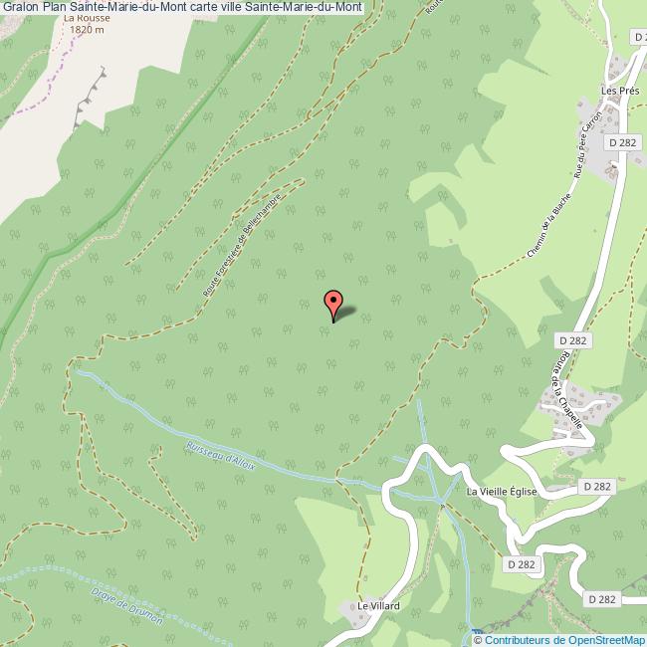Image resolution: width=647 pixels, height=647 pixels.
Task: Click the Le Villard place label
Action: pos(378,605)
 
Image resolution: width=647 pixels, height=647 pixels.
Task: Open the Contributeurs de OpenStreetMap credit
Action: pos(563,639)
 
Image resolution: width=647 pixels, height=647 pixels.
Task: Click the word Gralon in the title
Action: pos(20,7)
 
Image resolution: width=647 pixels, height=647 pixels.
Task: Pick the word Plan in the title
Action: pos(55,7)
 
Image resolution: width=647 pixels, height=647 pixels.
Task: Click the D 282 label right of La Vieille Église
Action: pos(596,486)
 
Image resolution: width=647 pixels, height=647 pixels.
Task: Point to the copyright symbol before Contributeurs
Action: pos(478,639)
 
